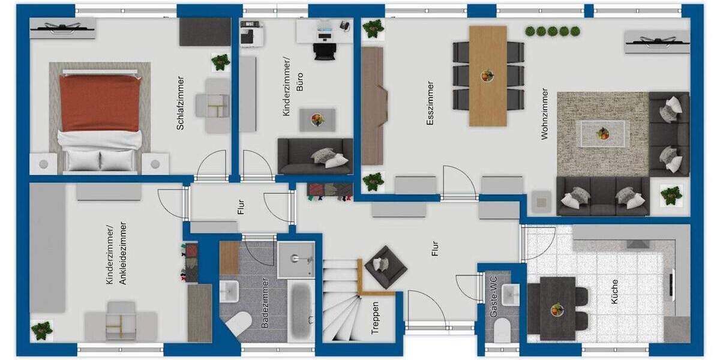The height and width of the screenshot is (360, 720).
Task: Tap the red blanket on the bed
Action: coord(100,103)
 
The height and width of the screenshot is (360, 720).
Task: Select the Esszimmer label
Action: coord(430,103)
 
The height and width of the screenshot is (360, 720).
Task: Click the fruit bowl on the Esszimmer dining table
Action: coord(487,76)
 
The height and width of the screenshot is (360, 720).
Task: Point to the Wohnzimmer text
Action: coord(544,114)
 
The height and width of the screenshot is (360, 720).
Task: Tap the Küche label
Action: coord(614,291)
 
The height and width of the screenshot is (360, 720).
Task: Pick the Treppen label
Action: coord(375,317)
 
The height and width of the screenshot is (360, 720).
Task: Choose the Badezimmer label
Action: coord(265,303)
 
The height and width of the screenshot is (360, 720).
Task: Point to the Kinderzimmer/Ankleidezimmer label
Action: coord(116,254)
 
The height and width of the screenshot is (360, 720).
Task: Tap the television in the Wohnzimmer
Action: coord(656,41)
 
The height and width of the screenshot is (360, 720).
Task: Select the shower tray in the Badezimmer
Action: coord(296,259)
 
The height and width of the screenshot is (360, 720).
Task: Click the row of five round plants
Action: coord(553,31)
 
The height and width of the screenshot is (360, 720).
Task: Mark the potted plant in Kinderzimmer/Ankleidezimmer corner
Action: coord(42,329)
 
